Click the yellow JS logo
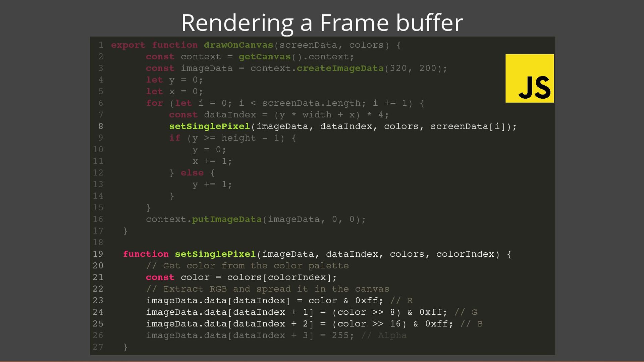[529, 78]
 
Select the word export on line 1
[128, 45]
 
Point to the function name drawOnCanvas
[238, 45]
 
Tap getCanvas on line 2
[264, 57]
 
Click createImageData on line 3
[340, 68]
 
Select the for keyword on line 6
[154, 103]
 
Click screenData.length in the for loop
[311, 103]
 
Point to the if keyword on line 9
[174, 138]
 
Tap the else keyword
[192, 173]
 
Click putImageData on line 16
[226, 219]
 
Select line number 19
[98, 254]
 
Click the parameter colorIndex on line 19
[465, 254]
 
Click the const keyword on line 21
[160, 277]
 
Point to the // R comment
[401, 301]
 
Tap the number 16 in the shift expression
[395, 324]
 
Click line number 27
[98, 347]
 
